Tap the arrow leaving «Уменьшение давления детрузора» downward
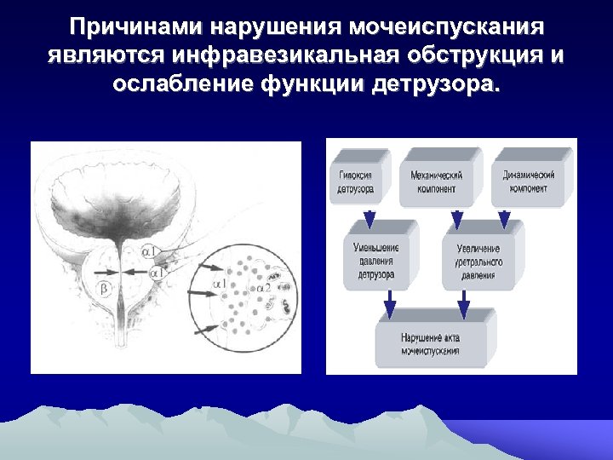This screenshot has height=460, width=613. pyautogui.click(x=389, y=301)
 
